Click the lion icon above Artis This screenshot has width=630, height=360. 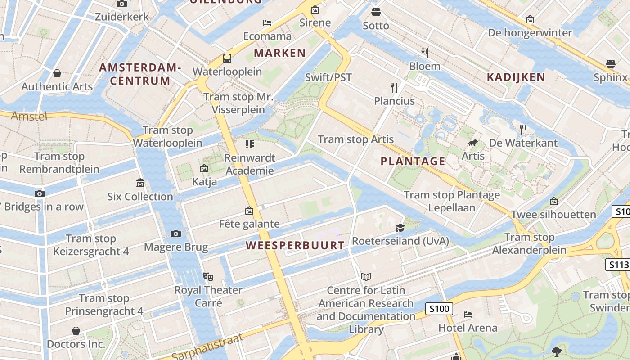tap(473, 143)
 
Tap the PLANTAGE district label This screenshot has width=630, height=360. tap(413, 161)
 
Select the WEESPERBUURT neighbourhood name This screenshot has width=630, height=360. tap(295, 246)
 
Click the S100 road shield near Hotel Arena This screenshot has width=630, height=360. tap(439, 309)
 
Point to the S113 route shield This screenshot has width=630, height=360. tap(618, 265)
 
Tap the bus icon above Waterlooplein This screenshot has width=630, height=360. tap(227, 58)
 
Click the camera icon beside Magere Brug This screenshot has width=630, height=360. tap(176, 234)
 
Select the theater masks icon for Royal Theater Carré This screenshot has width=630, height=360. tap(208, 276)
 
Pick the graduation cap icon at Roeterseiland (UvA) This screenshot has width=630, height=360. tap(400, 228)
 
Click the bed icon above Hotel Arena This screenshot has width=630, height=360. tap(468, 314)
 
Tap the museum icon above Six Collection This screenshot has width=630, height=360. tap(140, 183)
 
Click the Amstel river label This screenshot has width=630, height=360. tap(29, 116)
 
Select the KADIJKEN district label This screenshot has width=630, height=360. tap(516, 77)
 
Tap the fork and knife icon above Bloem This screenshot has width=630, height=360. tap(425, 53)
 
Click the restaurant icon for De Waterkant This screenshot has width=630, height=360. tap(523, 130)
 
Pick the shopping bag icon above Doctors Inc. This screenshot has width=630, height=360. tap(76, 331)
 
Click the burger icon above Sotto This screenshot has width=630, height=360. tap(376, 12)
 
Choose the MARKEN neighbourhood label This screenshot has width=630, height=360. tap(280, 53)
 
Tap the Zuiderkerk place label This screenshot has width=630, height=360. tap(121, 17)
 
